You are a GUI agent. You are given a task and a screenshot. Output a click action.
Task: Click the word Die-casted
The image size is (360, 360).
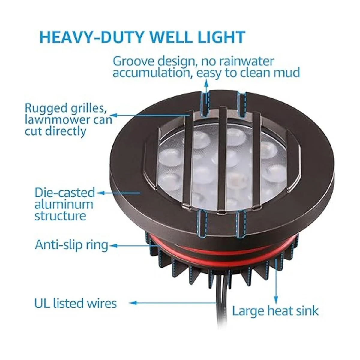point(65,193)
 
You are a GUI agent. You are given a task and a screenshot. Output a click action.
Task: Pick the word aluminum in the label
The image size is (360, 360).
point(64,204)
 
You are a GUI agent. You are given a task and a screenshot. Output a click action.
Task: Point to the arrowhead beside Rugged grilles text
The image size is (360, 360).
point(114,115)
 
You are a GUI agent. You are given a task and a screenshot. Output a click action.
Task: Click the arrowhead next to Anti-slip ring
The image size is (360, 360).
point(113,246)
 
